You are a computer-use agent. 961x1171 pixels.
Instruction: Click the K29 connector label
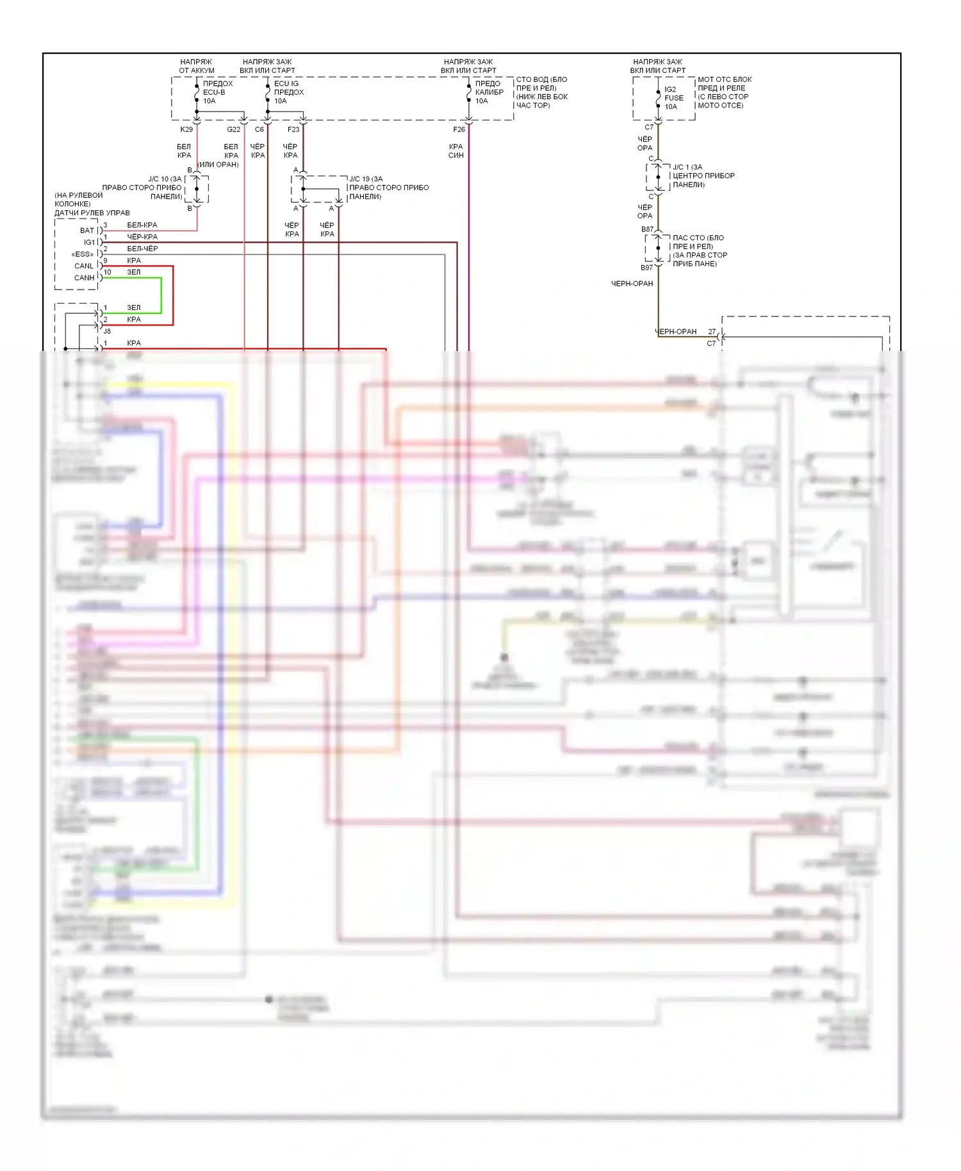point(186,129)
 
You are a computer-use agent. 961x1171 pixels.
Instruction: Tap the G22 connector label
point(234,129)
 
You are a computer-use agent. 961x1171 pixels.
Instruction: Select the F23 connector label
point(293,129)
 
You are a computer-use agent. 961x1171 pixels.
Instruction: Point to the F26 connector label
point(459,129)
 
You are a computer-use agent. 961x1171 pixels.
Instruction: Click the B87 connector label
point(647,229)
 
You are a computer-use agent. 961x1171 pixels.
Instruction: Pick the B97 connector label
point(646,268)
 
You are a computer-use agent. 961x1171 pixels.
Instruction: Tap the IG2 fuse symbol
point(658,97)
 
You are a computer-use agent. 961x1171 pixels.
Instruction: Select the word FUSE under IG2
point(674,98)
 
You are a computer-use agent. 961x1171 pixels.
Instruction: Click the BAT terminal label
point(87,231)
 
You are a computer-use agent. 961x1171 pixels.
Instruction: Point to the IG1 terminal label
point(89,242)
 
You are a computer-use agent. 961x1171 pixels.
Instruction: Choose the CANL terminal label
point(84,266)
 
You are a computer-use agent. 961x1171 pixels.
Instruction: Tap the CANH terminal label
point(84,278)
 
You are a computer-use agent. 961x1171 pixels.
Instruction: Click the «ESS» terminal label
point(83,254)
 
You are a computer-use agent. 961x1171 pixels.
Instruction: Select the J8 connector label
point(107,331)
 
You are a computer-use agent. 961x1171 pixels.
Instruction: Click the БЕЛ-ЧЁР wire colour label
point(142,249)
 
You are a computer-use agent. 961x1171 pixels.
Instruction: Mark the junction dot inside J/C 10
point(197,189)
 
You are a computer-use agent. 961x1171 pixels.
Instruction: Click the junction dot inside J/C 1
point(658,177)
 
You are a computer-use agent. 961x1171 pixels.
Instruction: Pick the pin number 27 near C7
point(712,332)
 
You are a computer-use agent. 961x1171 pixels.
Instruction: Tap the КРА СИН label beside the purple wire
point(456,151)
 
